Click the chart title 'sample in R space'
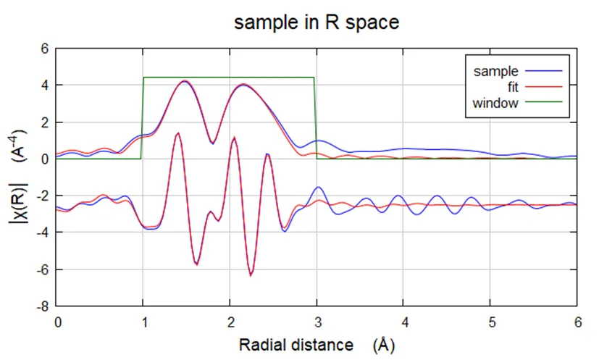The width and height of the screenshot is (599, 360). coord(317,22)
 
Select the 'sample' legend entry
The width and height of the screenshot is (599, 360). coord(495,71)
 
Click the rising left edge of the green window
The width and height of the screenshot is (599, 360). coord(143,116)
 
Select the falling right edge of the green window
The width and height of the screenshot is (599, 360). coord(315,116)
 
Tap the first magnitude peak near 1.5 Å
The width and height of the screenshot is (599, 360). coord(185,81)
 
